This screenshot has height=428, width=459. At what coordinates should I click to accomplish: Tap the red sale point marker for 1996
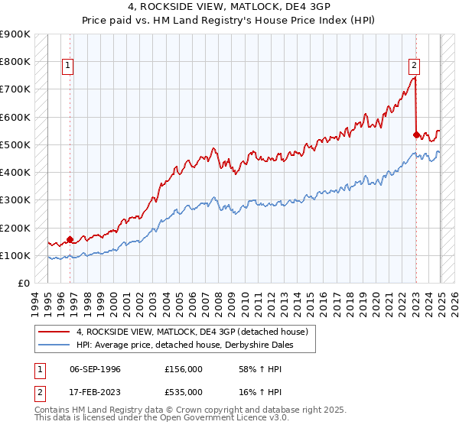[70, 239]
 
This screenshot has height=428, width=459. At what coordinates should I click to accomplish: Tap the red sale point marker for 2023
[416, 135]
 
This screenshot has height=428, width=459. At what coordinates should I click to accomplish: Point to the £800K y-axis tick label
[15, 62]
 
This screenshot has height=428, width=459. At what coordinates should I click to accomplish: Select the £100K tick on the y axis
[15, 256]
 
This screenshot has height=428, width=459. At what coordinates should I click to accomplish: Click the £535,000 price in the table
[183, 392]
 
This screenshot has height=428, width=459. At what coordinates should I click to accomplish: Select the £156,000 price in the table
[183, 369]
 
